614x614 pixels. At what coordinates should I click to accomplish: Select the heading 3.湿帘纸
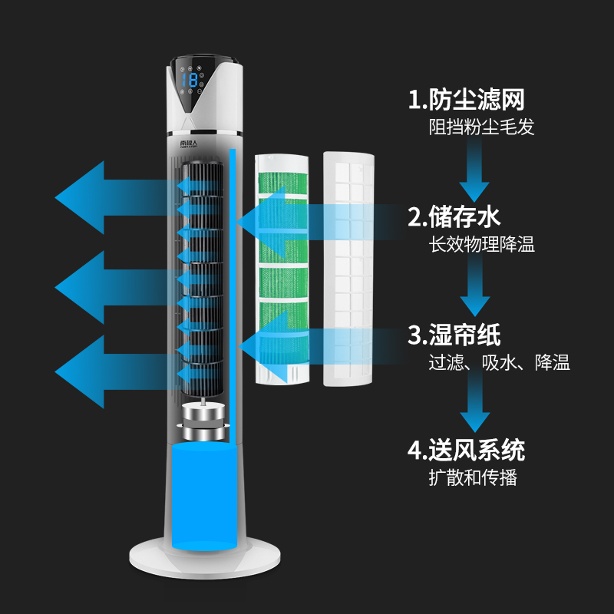(454, 335)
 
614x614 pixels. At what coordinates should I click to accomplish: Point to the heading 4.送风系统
(466, 449)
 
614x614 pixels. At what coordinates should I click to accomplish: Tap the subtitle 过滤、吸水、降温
(499, 363)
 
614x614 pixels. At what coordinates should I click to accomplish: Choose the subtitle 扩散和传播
(473, 477)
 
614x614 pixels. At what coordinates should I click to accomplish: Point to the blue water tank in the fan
(201, 495)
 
